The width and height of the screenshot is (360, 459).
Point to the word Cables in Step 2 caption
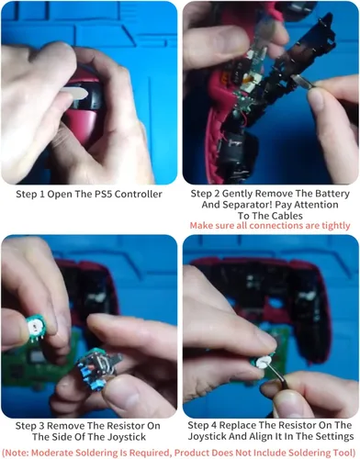[287, 216]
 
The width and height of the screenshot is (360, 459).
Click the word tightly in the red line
[335, 226]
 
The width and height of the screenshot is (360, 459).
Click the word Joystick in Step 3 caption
[126, 437]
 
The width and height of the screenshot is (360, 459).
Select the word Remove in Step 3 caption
[65, 426]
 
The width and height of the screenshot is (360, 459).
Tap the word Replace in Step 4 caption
[238, 425]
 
